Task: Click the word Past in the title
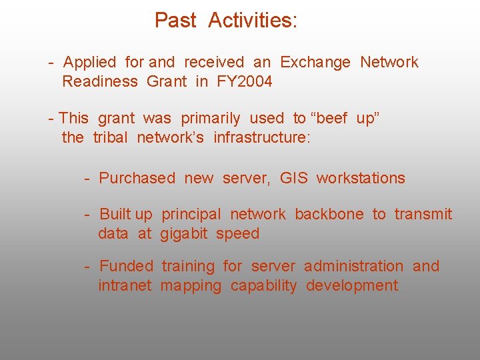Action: (175, 21)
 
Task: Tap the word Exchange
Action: (315, 63)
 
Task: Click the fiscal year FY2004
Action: (244, 82)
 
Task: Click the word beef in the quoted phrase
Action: (331, 119)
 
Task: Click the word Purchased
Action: (137, 178)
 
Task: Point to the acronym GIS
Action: (293, 178)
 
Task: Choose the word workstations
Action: (361, 178)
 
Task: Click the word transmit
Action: (423, 214)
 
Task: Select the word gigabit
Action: (184, 233)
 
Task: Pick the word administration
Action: (353, 266)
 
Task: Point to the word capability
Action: (263, 286)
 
